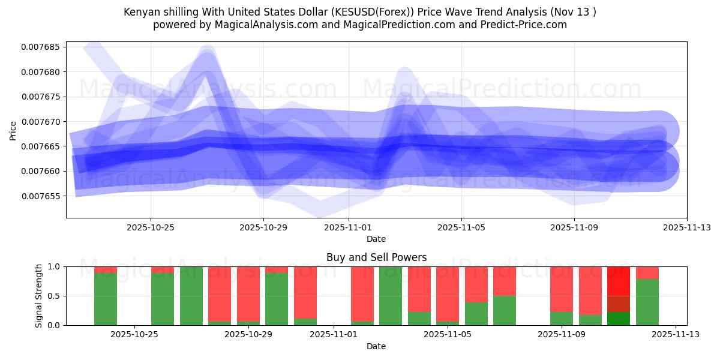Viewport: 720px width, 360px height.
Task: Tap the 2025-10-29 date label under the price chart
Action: [x=263, y=228]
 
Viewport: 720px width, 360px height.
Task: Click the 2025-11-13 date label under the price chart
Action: [x=687, y=228]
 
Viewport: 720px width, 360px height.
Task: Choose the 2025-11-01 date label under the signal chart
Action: [x=334, y=335]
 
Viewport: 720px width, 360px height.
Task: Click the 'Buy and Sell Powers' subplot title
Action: [x=376, y=257]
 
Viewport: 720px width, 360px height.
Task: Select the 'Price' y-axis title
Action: [x=13, y=130]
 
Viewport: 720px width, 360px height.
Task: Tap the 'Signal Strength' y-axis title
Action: [x=39, y=296]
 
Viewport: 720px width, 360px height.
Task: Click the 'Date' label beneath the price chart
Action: [x=376, y=239]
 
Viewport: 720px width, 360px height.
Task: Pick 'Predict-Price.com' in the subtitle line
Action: [x=520, y=25]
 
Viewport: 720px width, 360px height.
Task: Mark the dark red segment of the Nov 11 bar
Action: [x=619, y=304]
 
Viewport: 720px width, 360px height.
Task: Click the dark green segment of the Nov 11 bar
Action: [x=619, y=319]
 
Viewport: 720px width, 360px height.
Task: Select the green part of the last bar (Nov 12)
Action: [x=647, y=302]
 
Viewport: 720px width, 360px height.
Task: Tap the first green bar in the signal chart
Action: [x=106, y=299]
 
